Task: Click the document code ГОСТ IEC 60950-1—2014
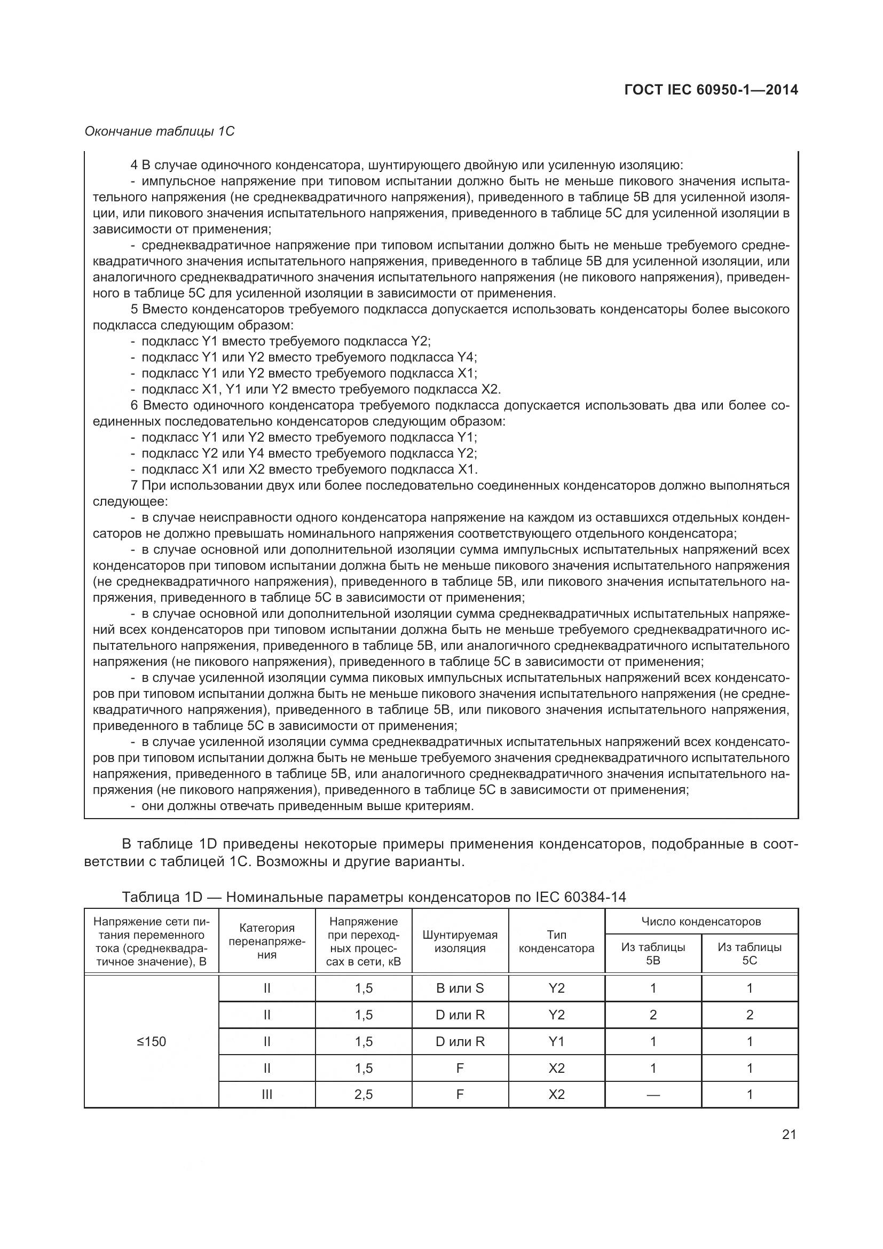[711, 90]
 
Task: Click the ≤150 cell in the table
[151, 1042]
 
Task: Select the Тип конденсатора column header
[556, 941]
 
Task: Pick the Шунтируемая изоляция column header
[460, 941]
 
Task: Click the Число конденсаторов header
[701, 922]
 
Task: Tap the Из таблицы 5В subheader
[652, 954]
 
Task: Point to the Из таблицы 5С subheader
[749, 954]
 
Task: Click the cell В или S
[460, 988]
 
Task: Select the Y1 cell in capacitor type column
[556, 1042]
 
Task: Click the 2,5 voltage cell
[363, 1095]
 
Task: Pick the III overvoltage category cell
[266, 1095]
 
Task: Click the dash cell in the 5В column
[652, 1095]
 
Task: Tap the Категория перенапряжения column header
[266, 941]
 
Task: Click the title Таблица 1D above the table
[162, 897]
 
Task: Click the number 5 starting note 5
[135, 310]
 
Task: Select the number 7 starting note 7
[135, 485]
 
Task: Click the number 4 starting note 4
[135, 165]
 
